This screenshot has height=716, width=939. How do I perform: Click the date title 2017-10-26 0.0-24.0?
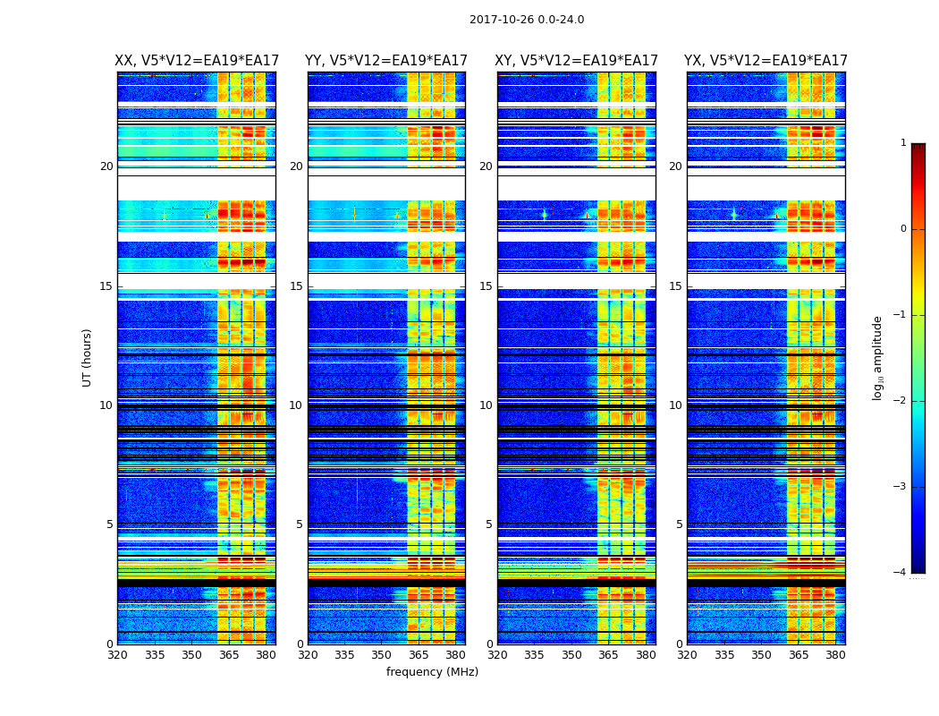(527, 20)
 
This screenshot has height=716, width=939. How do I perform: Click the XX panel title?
(196, 61)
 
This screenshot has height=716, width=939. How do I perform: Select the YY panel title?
(386, 61)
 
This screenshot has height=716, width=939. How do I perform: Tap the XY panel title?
(577, 61)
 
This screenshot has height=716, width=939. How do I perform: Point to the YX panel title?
(766, 61)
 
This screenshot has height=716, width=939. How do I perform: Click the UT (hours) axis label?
(88, 357)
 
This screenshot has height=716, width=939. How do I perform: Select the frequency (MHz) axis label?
(432, 672)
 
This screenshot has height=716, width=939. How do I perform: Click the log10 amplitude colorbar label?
(878, 357)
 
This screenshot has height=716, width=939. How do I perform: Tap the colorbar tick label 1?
(903, 143)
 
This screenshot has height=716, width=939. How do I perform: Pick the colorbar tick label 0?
(903, 229)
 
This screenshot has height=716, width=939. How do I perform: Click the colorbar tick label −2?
(901, 401)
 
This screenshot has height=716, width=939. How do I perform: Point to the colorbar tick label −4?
(901, 573)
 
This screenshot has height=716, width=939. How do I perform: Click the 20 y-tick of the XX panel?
(106, 166)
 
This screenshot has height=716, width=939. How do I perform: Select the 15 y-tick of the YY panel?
(296, 286)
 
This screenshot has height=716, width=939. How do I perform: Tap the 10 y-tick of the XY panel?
(486, 405)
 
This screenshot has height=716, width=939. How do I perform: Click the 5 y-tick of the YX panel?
(680, 524)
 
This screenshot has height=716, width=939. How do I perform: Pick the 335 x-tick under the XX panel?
(155, 655)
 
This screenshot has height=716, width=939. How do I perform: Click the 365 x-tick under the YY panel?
(419, 655)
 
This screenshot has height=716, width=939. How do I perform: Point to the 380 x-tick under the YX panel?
(835, 655)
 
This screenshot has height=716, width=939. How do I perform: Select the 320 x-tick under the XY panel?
(498, 655)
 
